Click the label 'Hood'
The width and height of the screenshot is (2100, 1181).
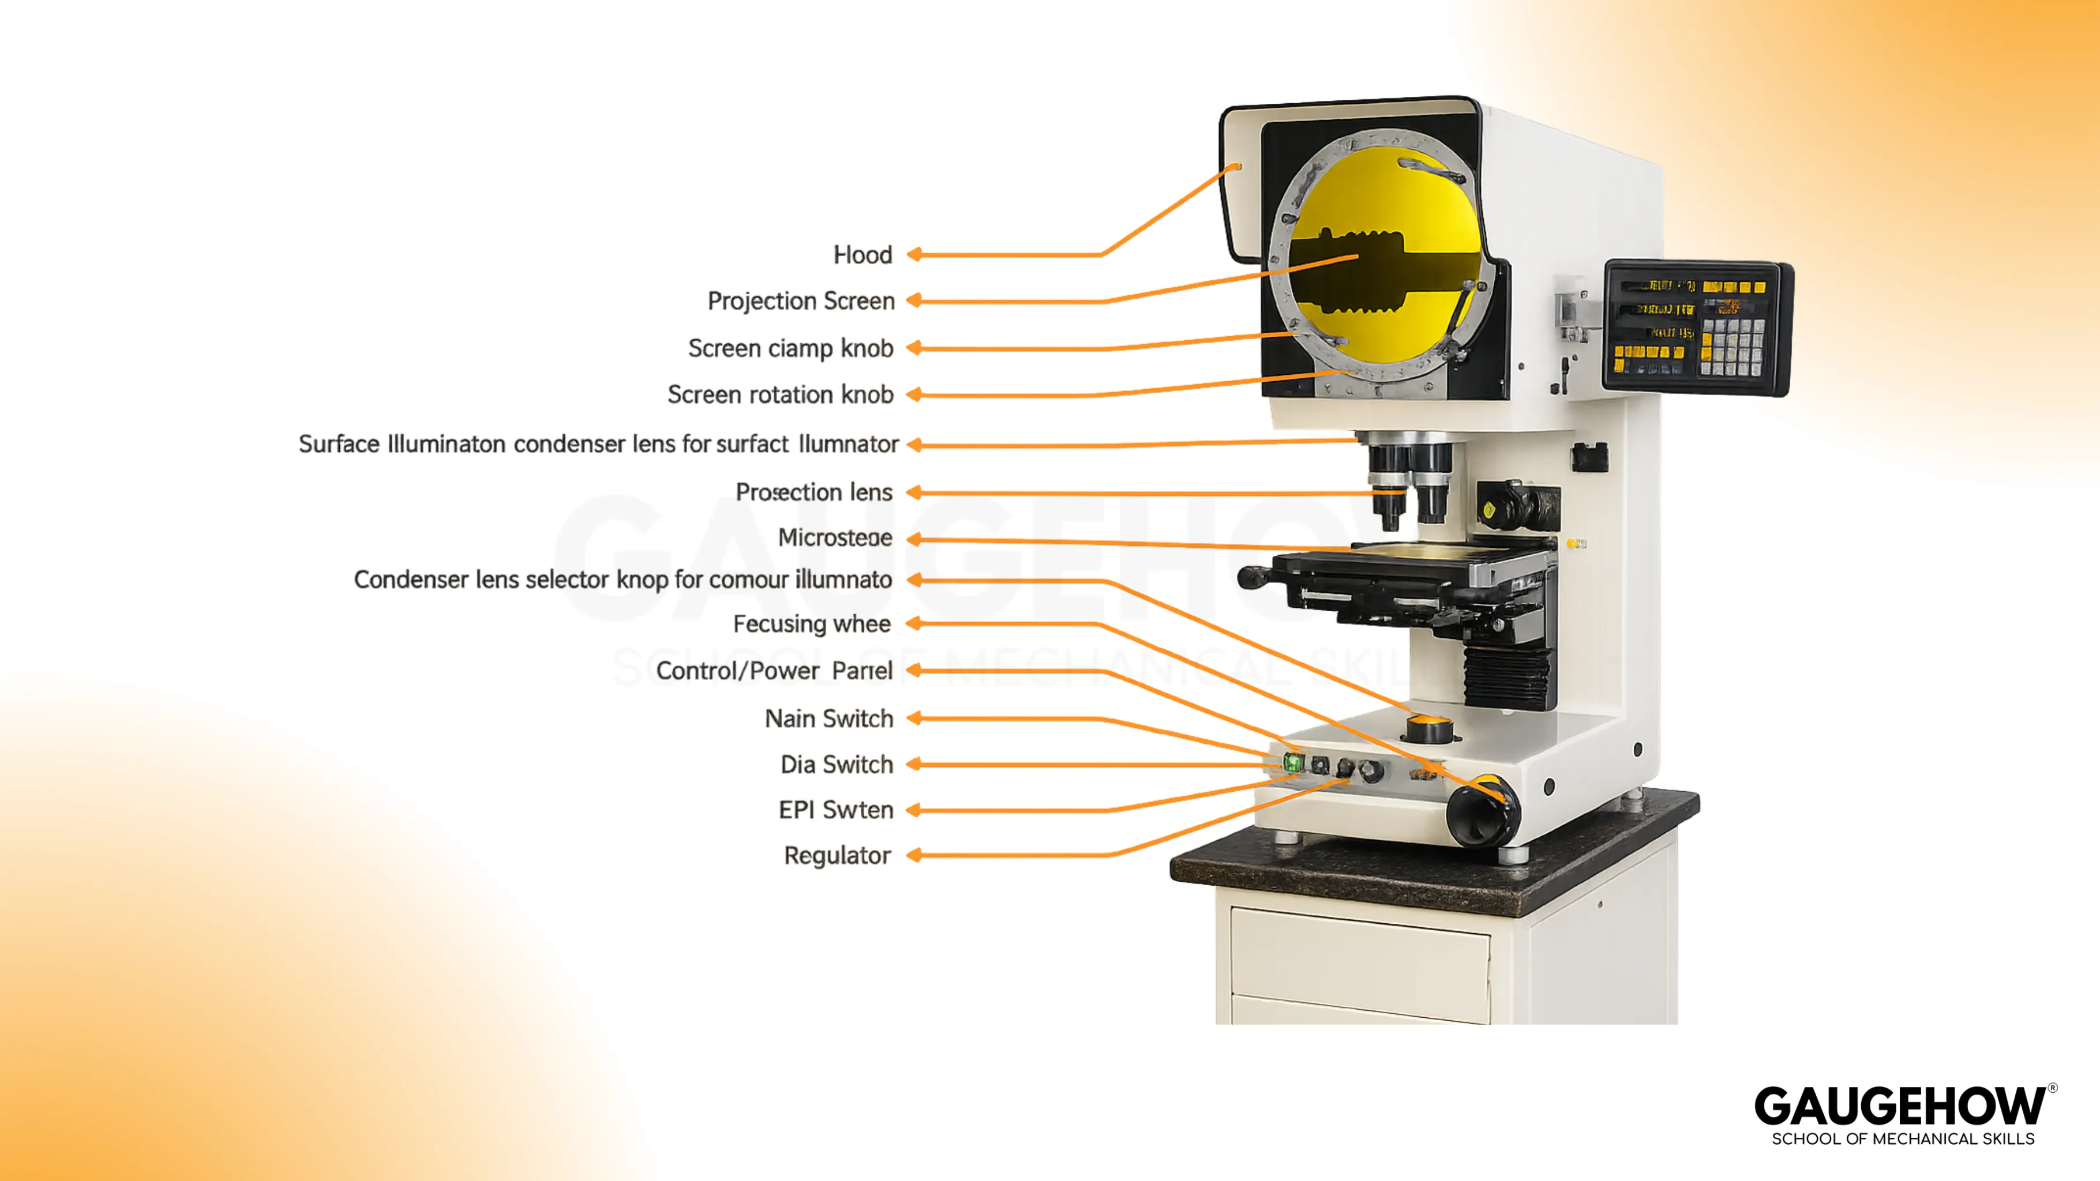tap(862, 255)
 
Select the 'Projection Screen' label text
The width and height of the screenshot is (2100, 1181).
tap(801, 302)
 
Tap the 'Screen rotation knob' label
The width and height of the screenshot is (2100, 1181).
tap(780, 395)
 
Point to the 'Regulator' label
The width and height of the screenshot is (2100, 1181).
tap(837, 856)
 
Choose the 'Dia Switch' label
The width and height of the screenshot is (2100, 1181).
tap(837, 765)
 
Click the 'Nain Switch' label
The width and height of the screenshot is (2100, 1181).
tap(828, 719)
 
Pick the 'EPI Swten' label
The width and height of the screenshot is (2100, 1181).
tap(835, 810)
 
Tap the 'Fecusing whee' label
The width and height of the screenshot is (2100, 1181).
tap(811, 625)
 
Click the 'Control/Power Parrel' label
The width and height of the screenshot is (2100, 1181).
tap(774, 671)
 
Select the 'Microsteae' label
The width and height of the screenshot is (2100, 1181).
tap(835, 538)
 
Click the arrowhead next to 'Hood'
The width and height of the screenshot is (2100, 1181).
tap(914, 255)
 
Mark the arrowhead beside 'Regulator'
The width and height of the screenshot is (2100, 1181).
tap(914, 855)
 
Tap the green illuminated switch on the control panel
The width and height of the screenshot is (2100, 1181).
tap(1292, 763)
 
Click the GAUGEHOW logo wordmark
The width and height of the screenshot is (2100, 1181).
tap(1899, 1107)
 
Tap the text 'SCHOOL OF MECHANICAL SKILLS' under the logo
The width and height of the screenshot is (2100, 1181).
tap(1903, 1139)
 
